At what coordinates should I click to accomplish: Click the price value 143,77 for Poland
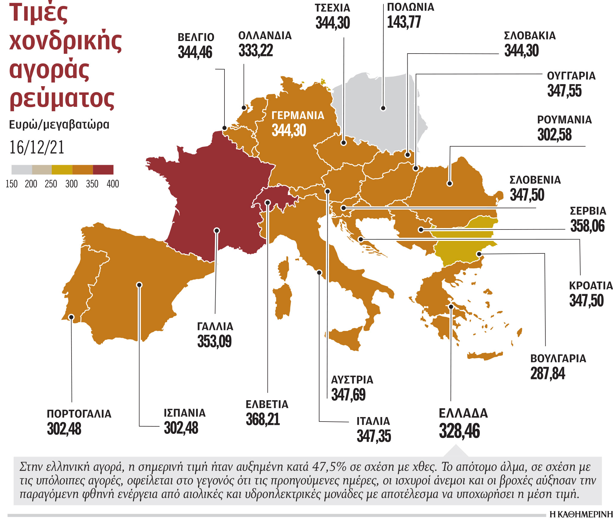pos(404,22)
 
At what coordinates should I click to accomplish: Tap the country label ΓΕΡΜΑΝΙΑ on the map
pos(298,115)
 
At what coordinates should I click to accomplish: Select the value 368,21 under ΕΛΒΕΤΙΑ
pos(263,419)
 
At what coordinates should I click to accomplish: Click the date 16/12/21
pos(37,147)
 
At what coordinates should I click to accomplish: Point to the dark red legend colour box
pos(103,170)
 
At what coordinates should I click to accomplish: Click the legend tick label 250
pos(51,184)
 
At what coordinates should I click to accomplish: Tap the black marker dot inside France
pos(217,230)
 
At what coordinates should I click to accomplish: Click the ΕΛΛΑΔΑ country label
pos(463,413)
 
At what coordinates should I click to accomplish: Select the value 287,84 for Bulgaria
pos(547,373)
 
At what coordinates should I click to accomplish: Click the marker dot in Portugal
pos(71,317)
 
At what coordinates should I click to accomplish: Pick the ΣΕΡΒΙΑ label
pos(588,211)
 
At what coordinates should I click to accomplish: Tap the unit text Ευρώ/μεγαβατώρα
pos(59,124)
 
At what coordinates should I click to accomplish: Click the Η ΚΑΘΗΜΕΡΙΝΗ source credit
pos(581,515)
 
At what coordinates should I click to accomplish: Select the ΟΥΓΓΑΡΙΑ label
pos(571,76)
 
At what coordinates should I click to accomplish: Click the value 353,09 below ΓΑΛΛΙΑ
pos(214,341)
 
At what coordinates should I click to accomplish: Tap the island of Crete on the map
pos(485,356)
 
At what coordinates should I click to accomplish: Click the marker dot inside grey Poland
pos(383,108)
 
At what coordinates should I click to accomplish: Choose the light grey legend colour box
pos(22,170)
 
